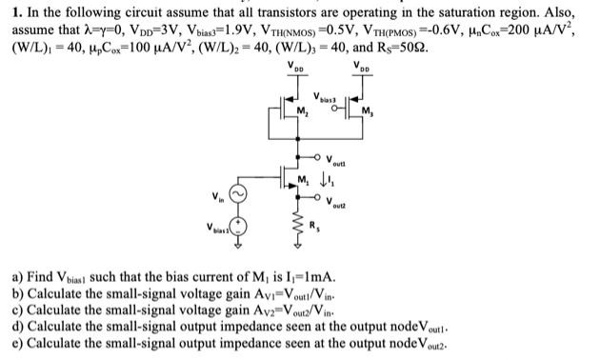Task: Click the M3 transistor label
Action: pyautogui.click(x=368, y=118)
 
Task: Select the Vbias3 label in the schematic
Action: pyautogui.click(x=324, y=99)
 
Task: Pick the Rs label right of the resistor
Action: pyautogui.click(x=318, y=230)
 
